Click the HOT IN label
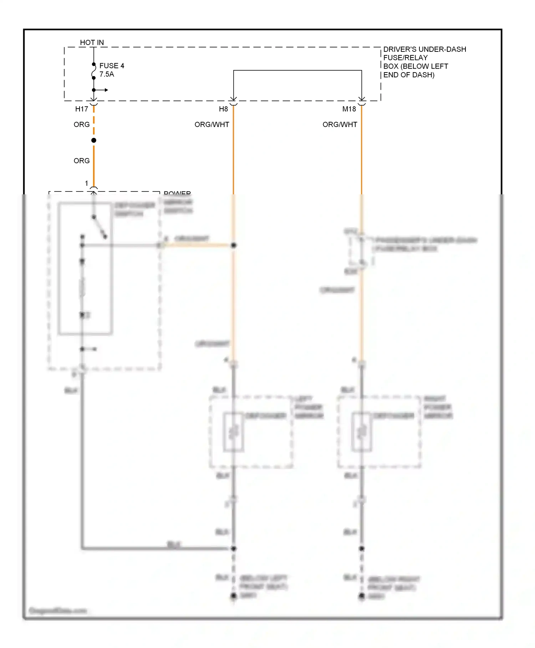pyautogui.click(x=92, y=43)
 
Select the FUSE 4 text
pyautogui.click(x=112, y=66)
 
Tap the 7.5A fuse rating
pyautogui.click(x=107, y=74)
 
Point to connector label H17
pyautogui.click(x=81, y=109)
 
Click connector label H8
pyautogui.click(x=223, y=109)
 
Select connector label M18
pyautogui.click(x=349, y=109)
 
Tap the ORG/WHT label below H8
pyautogui.click(x=212, y=125)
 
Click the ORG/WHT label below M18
pyautogui.click(x=340, y=125)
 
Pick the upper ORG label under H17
pyautogui.click(x=81, y=125)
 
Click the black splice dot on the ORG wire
pyautogui.click(x=94, y=140)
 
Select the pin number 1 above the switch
pyautogui.click(x=86, y=183)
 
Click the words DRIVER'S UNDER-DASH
pyautogui.click(x=424, y=49)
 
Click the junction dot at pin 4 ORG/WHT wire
pyautogui.click(x=234, y=245)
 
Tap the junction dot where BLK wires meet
pyautogui.click(x=234, y=548)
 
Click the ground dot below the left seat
pyautogui.click(x=234, y=596)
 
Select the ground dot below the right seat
pyautogui.click(x=362, y=596)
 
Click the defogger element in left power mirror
pyautogui.click(x=234, y=432)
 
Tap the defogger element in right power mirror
pyautogui.click(x=362, y=432)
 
